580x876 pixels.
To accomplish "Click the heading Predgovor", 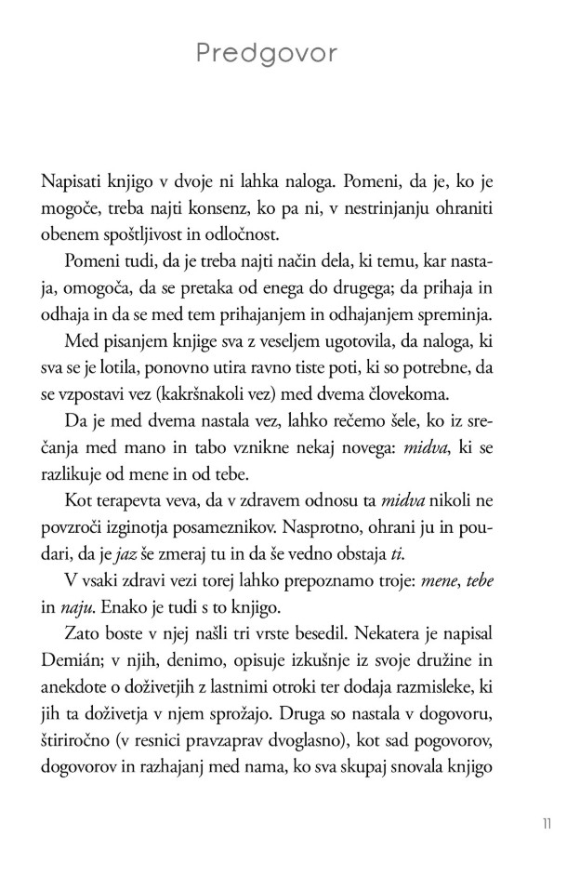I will click(x=268, y=55).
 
